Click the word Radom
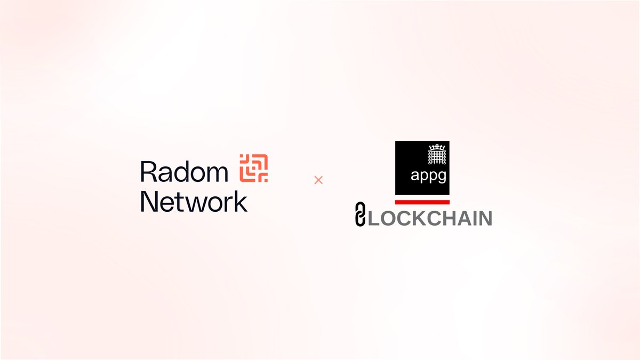(184, 171)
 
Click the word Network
(194, 202)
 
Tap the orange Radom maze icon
(253, 167)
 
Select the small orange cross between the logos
(318, 180)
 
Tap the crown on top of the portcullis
(436, 146)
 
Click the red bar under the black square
(422, 202)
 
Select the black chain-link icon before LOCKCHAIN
(360, 217)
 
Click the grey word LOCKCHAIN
(429, 219)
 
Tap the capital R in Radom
(147, 171)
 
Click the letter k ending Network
(241, 202)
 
